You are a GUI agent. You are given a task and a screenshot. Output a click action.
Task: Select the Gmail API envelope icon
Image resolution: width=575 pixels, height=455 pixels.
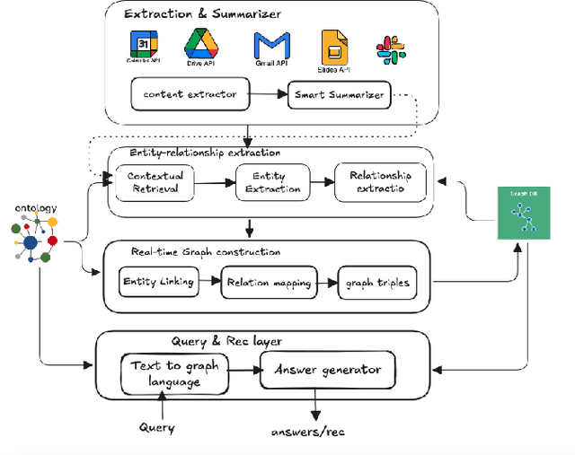(271, 45)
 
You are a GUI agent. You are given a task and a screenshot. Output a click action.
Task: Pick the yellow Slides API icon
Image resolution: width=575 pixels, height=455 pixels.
(334, 47)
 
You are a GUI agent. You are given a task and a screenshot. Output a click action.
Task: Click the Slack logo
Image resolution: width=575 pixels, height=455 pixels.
(390, 48)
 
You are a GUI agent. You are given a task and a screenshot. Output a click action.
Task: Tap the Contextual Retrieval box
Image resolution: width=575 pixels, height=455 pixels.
(155, 182)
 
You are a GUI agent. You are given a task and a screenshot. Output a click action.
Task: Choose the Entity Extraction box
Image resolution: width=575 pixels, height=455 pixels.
(271, 182)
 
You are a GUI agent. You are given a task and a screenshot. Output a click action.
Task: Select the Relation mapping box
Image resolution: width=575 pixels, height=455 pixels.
(270, 283)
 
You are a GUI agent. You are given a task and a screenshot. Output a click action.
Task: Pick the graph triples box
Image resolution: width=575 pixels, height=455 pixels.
(377, 283)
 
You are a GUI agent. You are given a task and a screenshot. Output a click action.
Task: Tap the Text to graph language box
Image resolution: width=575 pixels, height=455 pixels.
(174, 373)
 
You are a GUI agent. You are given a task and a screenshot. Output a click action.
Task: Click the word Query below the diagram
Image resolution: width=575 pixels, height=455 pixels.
(157, 428)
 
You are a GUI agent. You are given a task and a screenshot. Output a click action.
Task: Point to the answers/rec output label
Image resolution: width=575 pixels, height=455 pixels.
(307, 432)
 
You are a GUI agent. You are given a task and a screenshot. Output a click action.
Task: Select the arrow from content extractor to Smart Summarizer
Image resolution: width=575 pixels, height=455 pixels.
(267, 92)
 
